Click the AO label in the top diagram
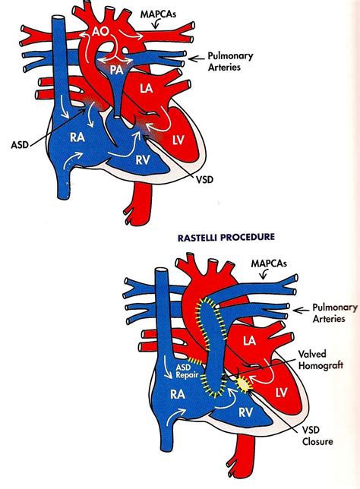[x=101, y=33]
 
